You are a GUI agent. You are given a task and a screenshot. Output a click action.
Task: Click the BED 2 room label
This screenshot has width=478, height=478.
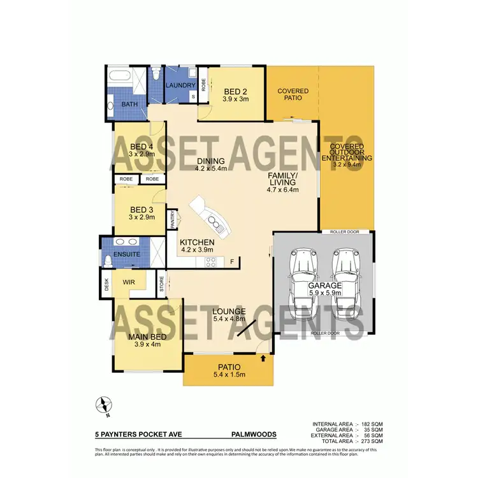tap(235, 91)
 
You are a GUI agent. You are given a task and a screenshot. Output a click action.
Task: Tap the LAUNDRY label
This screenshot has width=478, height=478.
tap(179, 85)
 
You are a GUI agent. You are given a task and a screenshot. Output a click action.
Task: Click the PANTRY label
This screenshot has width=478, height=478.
tap(172, 219)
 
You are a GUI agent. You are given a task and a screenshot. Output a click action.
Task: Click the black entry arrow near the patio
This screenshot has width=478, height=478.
tap(263, 359)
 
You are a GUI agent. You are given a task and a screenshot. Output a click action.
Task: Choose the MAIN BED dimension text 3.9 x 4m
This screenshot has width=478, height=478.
tap(147, 344)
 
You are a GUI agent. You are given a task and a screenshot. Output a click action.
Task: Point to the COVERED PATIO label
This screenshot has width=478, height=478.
tap(293, 95)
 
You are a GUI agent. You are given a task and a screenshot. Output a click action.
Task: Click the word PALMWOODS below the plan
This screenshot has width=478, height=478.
tap(254, 434)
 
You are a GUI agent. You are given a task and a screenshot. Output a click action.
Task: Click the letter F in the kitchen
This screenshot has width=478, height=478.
tap(232, 261)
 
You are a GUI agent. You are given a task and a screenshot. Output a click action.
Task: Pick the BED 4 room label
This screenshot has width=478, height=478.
tap(141, 147)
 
